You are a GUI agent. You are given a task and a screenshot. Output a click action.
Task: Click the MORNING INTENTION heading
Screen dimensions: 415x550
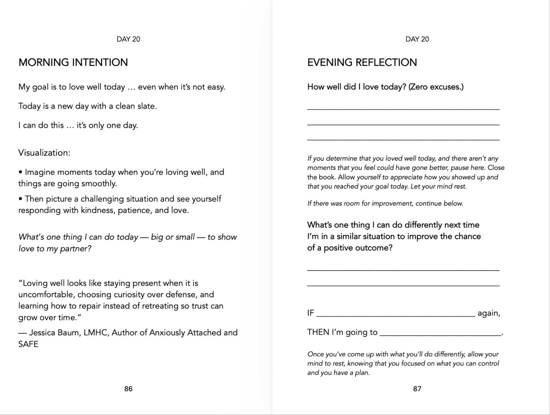coord(73,63)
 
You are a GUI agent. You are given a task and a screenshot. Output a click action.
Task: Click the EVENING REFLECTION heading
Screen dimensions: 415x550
coord(362,63)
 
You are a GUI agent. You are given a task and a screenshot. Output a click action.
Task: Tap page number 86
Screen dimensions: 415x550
coord(128,389)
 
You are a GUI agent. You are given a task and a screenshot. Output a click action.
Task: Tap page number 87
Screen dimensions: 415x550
coord(417,389)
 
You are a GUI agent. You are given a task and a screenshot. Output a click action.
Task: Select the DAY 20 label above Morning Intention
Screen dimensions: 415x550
coord(128,39)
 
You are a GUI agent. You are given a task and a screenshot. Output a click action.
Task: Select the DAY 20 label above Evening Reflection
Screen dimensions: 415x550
coord(417,39)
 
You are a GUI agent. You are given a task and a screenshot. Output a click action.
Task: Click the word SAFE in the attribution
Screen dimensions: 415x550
coord(28,344)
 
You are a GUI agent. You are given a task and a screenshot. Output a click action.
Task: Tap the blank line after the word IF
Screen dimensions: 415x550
coord(396,314)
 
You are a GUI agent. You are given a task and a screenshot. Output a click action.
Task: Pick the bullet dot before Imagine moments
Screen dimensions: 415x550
coord(20,172)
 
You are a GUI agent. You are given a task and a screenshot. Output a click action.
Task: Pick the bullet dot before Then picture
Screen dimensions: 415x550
coord(20,199)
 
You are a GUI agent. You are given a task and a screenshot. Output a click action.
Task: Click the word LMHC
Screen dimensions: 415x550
coord(96,333)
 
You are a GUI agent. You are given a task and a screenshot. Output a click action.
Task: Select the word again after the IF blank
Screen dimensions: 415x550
coord(489,313)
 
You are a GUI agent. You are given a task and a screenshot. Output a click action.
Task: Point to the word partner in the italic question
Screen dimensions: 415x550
coord(74,248)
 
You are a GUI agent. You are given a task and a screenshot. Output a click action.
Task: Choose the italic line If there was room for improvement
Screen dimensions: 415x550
coord(385,203)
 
